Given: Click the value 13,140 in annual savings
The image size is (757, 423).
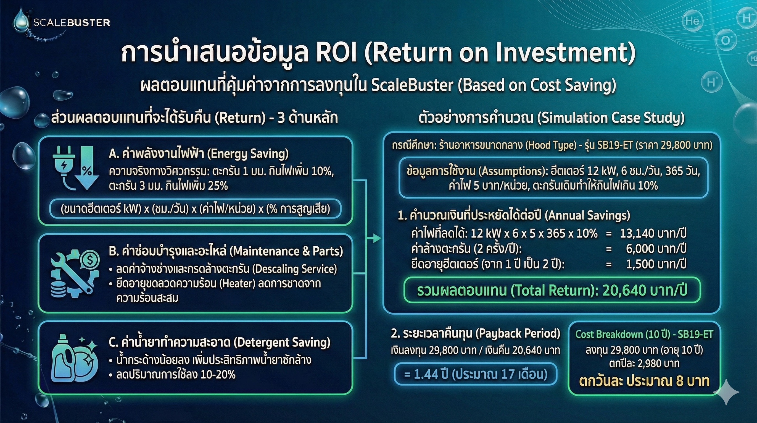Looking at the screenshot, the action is coord(637,234).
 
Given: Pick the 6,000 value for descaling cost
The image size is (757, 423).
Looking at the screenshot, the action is coord(639,249).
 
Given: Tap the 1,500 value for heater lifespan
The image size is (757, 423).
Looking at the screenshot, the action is coord(639,264).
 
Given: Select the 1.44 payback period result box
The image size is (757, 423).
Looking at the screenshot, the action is coord(476,374).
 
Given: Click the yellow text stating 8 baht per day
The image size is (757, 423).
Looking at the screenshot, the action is coord(644,381).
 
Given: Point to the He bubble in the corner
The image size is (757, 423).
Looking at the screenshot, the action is coord(692,20).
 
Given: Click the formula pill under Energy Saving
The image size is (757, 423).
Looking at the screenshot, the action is coord(196,208).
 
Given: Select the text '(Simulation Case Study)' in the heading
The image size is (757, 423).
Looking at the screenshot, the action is coord(611,118).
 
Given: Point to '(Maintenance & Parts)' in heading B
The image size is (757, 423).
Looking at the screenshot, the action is coord(286,251).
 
